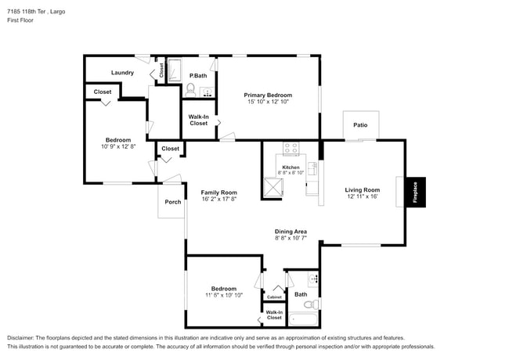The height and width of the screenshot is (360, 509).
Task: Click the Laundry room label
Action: click(x=122, y=73)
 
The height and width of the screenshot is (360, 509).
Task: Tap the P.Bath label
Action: click(x=198, y=75)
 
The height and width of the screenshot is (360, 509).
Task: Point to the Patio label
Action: click(x=360, y=124)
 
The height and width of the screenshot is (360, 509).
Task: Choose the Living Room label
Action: click(x=363, y=189)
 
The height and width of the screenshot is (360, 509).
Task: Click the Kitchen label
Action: click(x=291, y=167)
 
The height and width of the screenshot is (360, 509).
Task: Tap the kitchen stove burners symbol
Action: click(x=291, y=147)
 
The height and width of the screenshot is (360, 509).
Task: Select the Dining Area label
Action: click(x=290, y=231)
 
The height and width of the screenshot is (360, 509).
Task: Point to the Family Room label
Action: click(x=218, y=192)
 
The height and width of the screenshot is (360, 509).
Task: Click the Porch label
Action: click(x=172, y=202)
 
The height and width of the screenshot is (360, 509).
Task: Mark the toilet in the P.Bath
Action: click(x=190, y=89)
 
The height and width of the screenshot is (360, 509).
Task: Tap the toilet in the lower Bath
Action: click(x=309, y=304)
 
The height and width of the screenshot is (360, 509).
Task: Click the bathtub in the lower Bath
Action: click(x=303, y=319)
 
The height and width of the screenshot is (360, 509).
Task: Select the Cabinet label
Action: click(x=274, y=297)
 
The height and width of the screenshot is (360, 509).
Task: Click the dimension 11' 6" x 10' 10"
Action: click(x=224, y=295)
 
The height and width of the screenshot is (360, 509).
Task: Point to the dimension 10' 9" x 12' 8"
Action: click(x=119, y=146)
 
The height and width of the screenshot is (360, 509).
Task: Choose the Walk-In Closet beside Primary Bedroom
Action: click(x=199, y=120)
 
